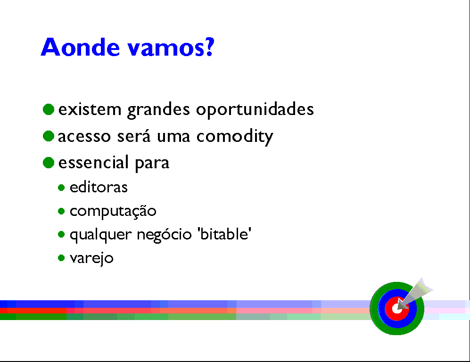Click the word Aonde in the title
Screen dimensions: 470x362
tap(80, 47)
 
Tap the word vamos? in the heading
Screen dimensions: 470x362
tap(171, 47)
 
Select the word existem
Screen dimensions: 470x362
tap(90, 109)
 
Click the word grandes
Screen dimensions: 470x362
tap(158, 110)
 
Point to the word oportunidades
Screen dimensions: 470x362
tap(255, 110)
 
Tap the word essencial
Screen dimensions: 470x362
tap(93, 162)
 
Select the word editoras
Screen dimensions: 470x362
tap(99, 187)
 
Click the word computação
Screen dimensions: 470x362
tap(113, 211)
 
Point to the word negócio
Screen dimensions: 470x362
tap(164, 234)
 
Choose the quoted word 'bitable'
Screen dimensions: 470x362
tap(224, 234)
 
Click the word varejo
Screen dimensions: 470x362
tap(92, 258)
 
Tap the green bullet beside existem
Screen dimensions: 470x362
tap(49, 109)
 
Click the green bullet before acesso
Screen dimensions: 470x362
tap(49, 136)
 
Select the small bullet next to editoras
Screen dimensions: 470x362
tap(61, 188)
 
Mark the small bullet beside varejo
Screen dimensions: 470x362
tap(61, 258)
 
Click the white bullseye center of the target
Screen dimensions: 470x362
tap(397, 308)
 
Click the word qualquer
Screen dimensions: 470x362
tap(101, 235)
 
